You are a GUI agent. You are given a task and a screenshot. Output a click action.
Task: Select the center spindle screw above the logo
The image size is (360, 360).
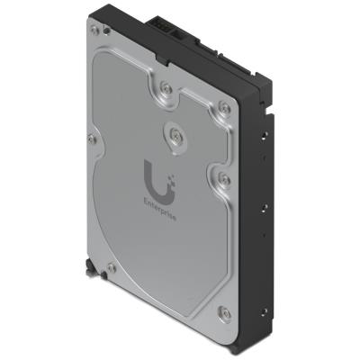tap(173, 136)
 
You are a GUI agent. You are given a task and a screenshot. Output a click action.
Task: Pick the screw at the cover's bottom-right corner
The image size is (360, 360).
tap(226, 312)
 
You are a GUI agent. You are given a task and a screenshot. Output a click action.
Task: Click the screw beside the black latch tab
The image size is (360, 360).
tap(110, 268)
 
